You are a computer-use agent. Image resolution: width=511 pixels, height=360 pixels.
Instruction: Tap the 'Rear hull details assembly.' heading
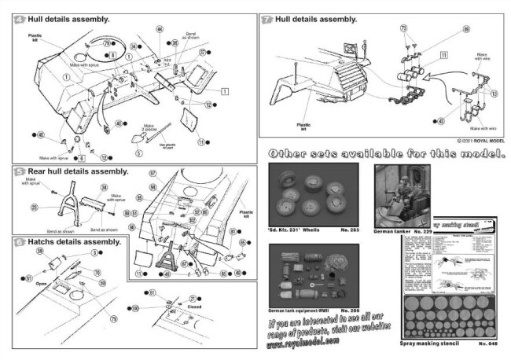(75, 170)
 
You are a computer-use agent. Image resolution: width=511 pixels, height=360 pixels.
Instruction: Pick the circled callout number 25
(35, 207)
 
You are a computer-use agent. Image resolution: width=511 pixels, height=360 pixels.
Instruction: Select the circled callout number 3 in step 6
(94, 253)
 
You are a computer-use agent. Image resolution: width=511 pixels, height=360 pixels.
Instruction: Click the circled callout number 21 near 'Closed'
(192, 299)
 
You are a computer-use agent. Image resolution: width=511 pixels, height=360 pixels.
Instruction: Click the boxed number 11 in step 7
(443, 55)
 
